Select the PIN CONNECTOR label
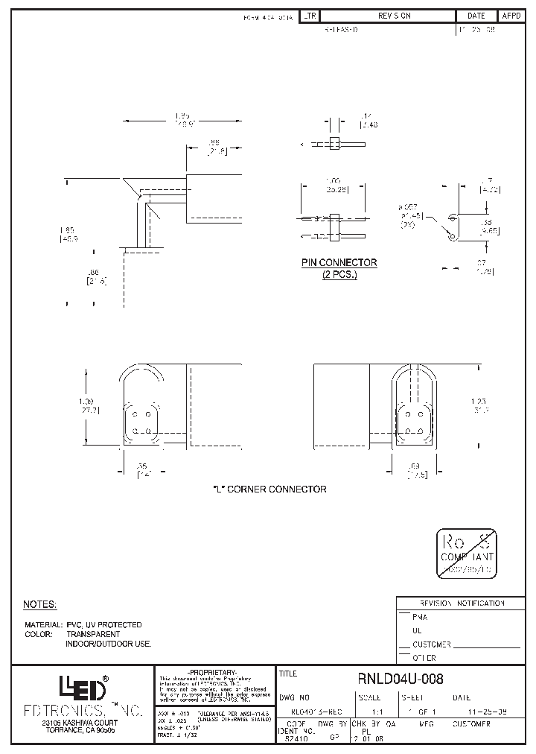point(339,263)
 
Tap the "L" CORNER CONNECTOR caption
point(270,490)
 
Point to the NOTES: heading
point(40,604)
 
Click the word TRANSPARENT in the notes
point(92,634)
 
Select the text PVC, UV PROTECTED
point(103,624)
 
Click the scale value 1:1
point(368,712)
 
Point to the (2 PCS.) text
point(339,274)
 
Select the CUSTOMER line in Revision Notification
point(433,644)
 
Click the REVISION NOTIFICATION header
point(462,603)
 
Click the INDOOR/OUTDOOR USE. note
point(108,643)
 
